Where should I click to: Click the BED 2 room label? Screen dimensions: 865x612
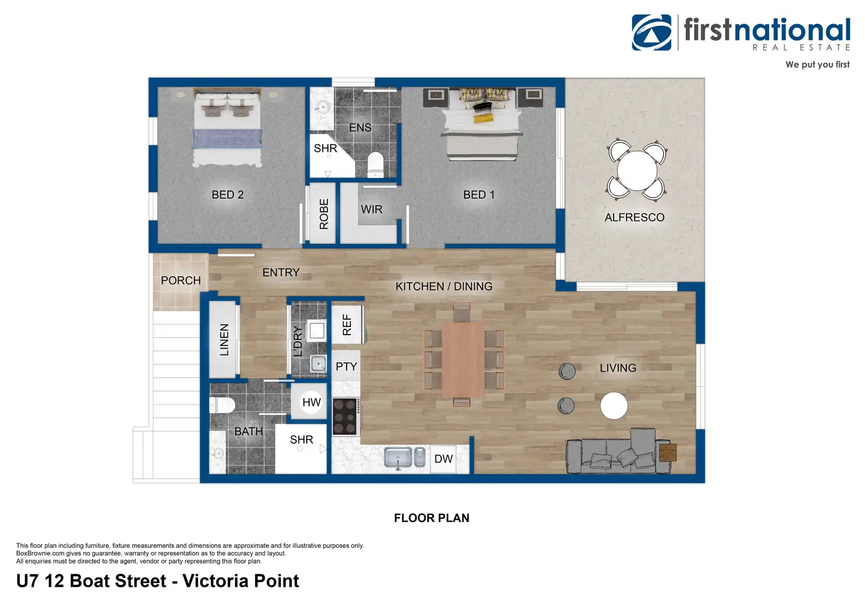227,195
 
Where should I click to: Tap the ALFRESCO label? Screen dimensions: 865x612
635,218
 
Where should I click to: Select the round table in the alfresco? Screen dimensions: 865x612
637,170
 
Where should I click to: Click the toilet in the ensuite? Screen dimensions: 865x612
375,164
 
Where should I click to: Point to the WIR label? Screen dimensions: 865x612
371,209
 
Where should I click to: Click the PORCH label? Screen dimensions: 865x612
181,280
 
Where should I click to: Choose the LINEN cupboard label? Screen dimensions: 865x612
224,340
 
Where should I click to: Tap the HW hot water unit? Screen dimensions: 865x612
311,402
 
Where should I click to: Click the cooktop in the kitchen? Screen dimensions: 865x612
345,416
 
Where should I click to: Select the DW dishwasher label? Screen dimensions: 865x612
443,459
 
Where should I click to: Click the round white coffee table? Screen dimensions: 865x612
613,406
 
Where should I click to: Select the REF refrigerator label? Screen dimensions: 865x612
347,325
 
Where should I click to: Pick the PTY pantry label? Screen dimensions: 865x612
346,366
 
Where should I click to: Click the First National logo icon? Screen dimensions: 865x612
652,32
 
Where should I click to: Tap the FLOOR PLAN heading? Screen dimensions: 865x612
432,518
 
